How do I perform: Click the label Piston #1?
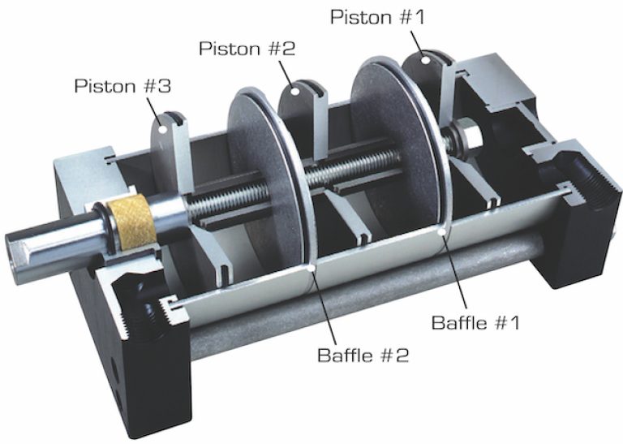tap(377, 16)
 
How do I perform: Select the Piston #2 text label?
tap(247, 49)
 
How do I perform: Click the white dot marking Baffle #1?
tap(441, 233)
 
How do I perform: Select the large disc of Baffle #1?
tap(397, 138)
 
